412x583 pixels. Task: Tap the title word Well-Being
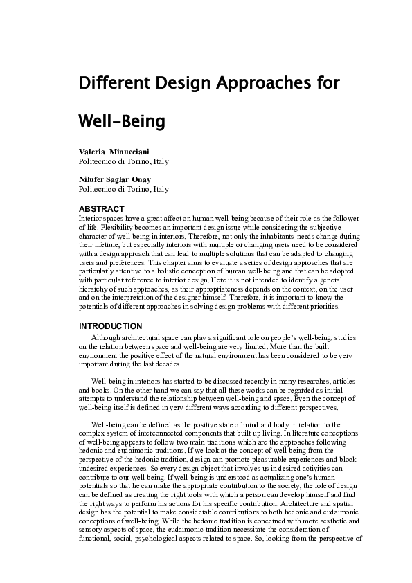[123, 123]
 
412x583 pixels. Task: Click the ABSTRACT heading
[101, 208]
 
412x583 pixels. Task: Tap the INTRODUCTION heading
[111, 326]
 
